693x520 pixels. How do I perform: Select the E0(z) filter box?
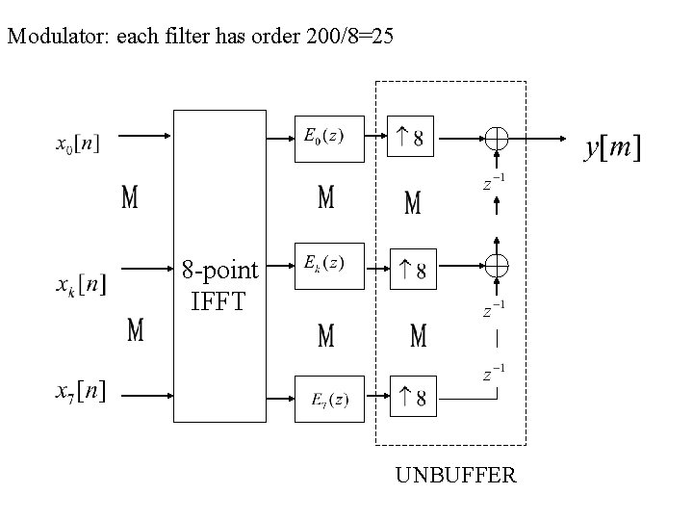point(328,138)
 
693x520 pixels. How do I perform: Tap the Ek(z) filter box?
point(328,266)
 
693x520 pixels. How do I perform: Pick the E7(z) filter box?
point(328,397)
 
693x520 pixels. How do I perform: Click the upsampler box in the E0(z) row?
point(411,138)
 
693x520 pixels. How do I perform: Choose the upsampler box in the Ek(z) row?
point(411,267)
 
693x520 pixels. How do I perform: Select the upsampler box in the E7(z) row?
point(411,396)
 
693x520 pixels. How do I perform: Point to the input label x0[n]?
point(77,144)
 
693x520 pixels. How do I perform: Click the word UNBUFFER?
point(455,475)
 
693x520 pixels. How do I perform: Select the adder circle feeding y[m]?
point(497,139)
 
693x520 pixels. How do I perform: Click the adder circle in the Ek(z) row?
point(497,265)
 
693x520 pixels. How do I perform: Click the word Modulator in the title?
point(56,38)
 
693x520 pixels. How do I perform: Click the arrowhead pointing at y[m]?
point(564,139)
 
